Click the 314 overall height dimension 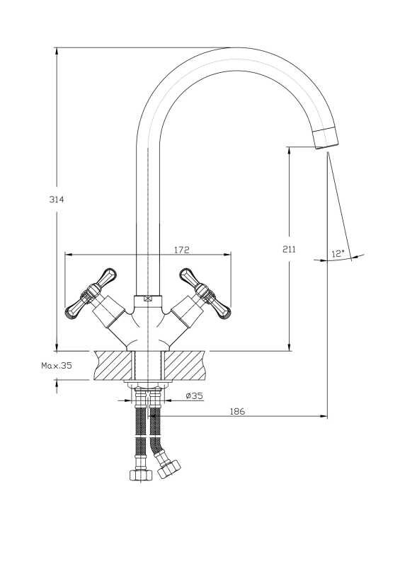click(57, 200)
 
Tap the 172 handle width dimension click(182, 250)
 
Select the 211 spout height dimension click(289, 249)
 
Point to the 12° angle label click(337, 254)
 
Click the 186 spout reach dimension click(237, 411)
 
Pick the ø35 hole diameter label click(195, 395)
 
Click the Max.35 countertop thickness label click(57, 365)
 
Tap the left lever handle click(91, 294)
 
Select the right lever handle click(205, 294)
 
